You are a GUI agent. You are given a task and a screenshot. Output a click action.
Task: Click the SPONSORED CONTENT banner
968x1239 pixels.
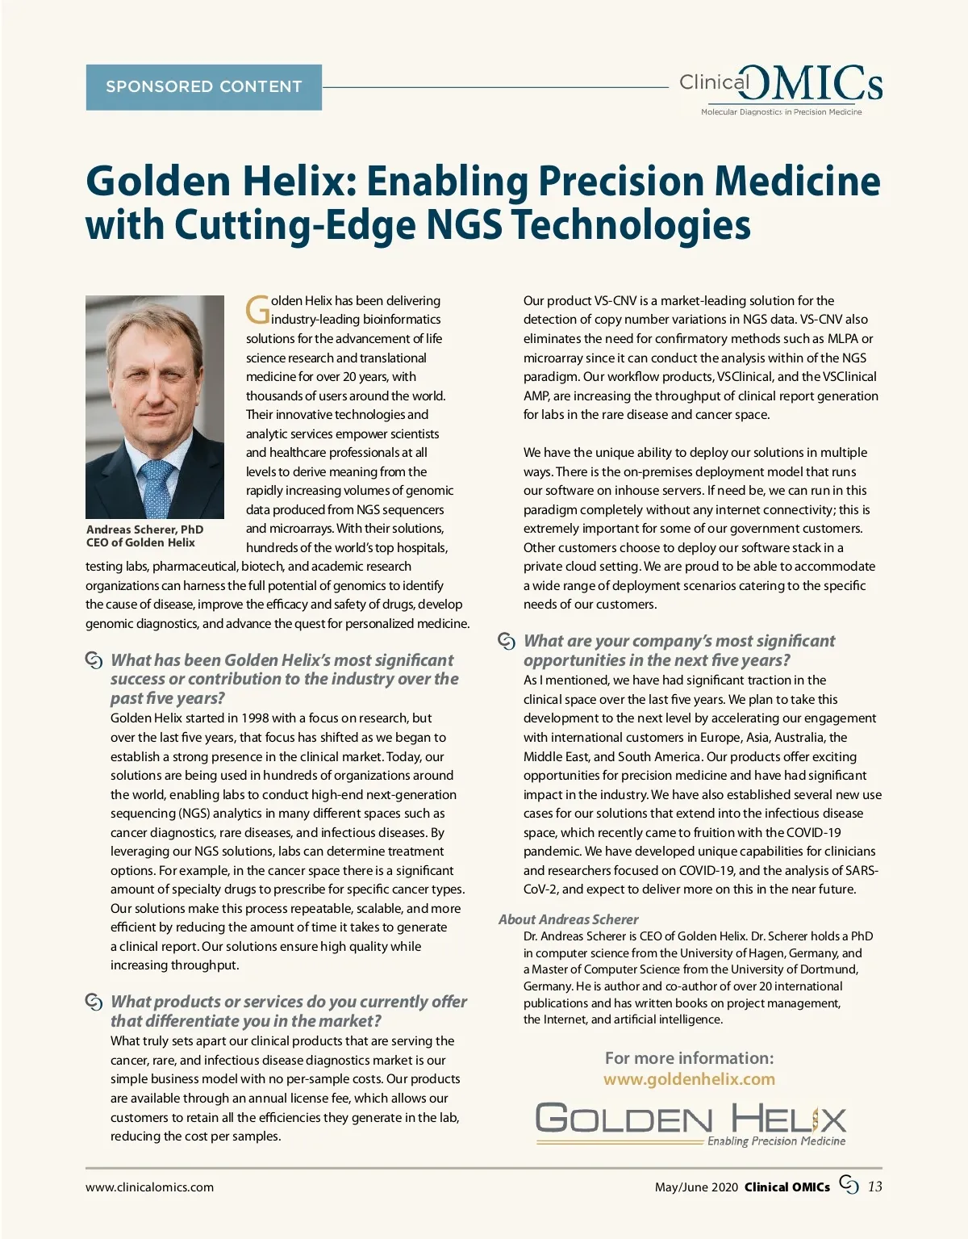pos(203,87)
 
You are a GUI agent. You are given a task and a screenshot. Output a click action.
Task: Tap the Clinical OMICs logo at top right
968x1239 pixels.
pos(780,87)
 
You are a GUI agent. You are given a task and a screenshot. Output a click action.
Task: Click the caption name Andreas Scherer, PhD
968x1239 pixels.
pos(144,530)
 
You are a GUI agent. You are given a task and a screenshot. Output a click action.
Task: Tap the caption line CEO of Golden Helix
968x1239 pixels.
pos(140,542)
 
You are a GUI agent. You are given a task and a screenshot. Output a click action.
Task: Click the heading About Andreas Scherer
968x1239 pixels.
pos(568,919)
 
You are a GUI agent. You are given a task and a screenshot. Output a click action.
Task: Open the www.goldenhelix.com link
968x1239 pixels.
pos(689,1079)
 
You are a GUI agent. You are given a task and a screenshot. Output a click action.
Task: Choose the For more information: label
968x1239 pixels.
pos(689,1058)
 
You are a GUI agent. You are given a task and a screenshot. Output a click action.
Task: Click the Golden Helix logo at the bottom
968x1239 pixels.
pos(691,1120)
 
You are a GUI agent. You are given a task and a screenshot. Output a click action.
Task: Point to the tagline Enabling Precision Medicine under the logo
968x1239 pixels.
pos(776,1141)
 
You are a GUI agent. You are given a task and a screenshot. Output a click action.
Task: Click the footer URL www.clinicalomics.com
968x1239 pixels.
pos(150,1187)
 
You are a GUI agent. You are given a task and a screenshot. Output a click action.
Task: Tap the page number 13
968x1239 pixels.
pos(874,1187)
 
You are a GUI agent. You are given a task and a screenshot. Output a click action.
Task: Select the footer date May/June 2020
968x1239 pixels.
pos(696,1187)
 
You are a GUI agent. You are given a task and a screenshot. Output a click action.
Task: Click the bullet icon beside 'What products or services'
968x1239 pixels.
pos(94,1002)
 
